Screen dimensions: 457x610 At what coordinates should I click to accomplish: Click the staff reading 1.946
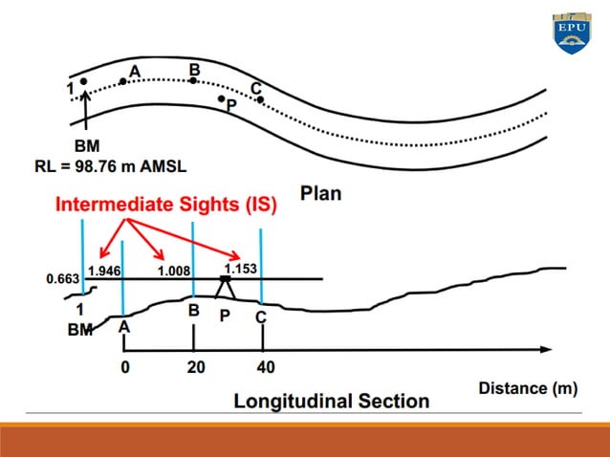(x=103, y=271)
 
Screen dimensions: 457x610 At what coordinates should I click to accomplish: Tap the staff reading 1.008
(x=173, y=272)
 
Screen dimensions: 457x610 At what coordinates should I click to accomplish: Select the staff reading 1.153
(x=241, y=269)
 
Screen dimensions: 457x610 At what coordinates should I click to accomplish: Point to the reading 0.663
(x=62, y=280)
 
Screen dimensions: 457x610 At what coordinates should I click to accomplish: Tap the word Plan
(x=320, y=193)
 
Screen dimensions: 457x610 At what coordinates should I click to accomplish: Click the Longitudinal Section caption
(x=332, y=401)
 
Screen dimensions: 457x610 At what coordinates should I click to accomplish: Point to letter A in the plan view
(x=135, y=71)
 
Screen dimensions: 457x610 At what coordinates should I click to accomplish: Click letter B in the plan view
(x=194, y=70)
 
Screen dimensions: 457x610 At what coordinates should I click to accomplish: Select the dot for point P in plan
(x=221, y=98)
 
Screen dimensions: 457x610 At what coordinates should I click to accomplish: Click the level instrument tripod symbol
(x=227, y=285)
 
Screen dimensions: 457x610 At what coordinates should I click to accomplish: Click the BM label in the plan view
(x=88, y=145)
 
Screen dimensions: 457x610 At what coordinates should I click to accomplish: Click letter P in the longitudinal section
(x=226, y=315)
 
